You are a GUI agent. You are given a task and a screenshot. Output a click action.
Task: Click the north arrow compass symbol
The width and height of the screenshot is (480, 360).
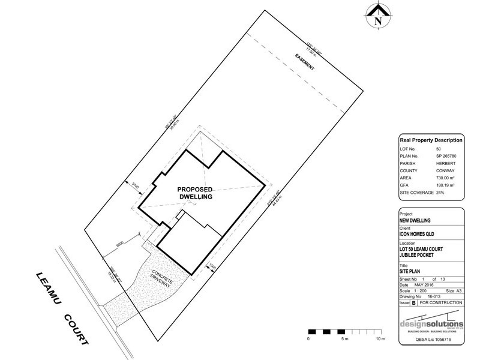(x=377, y=16)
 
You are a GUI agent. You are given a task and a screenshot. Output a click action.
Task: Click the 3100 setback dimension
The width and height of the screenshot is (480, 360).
(x=136, y=188)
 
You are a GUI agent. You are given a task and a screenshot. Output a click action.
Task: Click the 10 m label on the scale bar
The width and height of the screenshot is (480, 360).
(x=380, y=340)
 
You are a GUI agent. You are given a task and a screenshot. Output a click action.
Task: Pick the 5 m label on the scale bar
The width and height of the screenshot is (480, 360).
(x=344, y=340)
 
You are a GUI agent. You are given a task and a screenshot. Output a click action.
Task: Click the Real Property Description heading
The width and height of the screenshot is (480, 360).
(x=431, y=140)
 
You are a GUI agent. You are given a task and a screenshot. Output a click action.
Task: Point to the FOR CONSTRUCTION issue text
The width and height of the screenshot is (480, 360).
(x=440, y=303)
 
